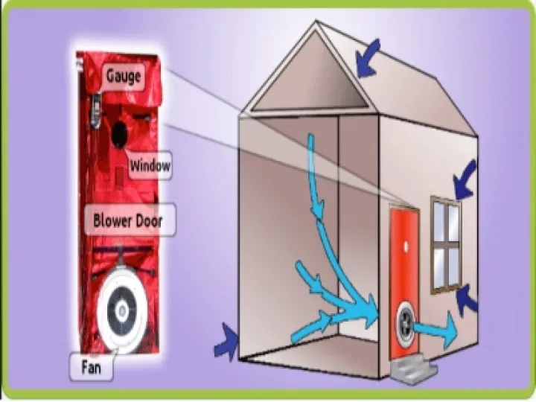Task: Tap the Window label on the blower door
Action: pyautogui.click(x=150, y=165)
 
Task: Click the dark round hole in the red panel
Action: pyautogui.click(x=119, y=134)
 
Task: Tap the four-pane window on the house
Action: pyautogui.click(x=446, y=244)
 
